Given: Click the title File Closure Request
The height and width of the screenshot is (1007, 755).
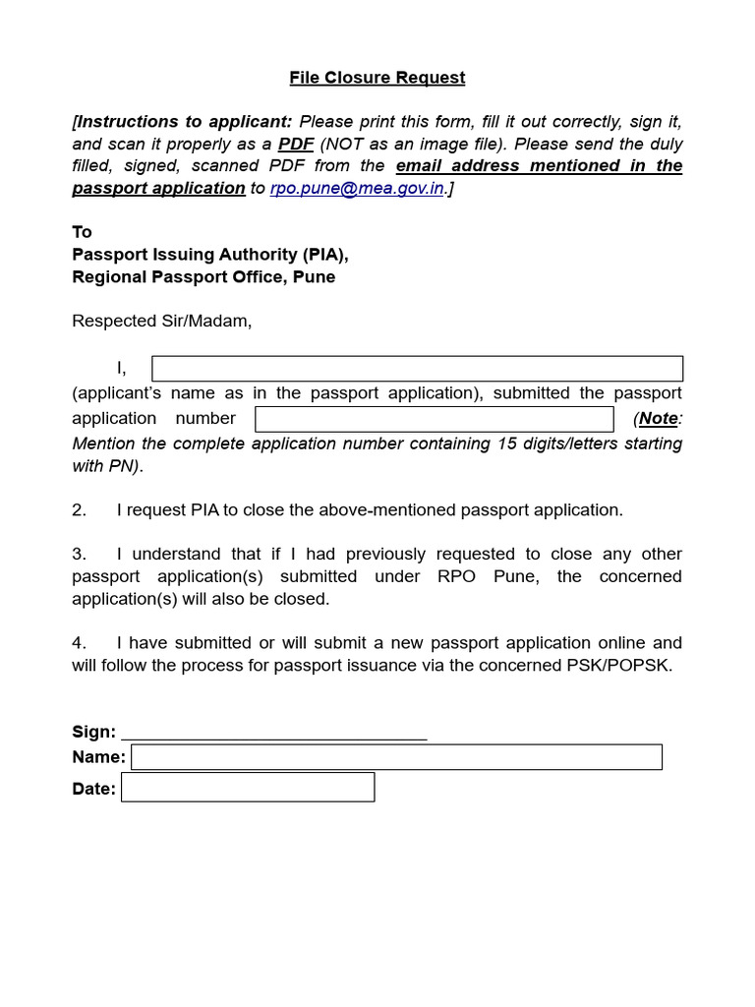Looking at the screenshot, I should click(377, 78).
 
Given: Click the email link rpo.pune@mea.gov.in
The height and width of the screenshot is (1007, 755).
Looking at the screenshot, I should click(357, 189).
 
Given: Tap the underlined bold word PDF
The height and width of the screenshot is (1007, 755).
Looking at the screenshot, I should click(296, 144).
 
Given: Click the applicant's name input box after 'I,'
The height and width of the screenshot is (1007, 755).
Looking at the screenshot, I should click(417, 369).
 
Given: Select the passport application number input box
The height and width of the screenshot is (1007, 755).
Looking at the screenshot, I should click(434, 419).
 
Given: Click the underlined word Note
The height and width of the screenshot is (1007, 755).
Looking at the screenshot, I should click(658, 419).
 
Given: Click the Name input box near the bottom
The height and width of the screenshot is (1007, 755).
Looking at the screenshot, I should click(396, 757).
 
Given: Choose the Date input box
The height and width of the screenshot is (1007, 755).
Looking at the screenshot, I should click(248, 788).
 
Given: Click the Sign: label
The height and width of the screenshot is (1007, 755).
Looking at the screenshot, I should click(94, 732).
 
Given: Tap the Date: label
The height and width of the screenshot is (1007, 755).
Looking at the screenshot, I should click(94, 789).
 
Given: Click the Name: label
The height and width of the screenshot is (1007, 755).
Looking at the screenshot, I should click(98, 757).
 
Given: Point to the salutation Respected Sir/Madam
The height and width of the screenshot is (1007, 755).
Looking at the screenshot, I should click(162, 322).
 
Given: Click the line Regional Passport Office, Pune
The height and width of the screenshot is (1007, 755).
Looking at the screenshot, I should click(203, 277).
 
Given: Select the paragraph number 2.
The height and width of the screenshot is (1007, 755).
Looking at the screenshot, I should click(79, 510).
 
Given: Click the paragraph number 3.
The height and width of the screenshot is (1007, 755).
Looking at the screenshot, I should click(79, 554).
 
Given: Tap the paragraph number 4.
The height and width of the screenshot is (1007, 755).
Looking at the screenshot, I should click(79, 643).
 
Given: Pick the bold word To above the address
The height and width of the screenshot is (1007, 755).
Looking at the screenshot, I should click(82, 232).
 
